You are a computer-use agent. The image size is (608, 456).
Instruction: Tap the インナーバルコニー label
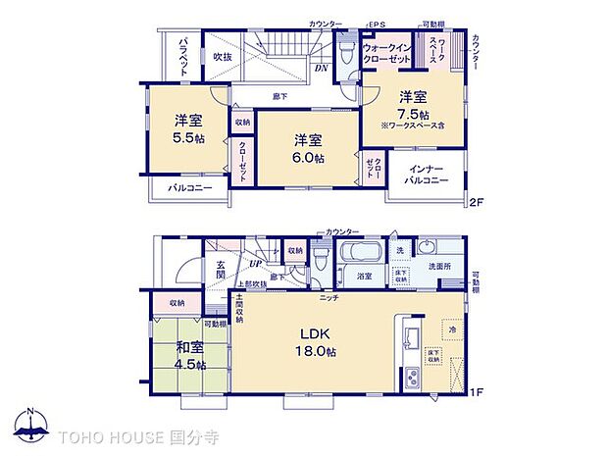point(427,174)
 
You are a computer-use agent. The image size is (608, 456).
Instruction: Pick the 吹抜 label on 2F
point(222,57)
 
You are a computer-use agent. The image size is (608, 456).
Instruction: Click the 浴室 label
point(363,277)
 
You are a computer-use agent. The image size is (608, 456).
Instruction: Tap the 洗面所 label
point(437,265)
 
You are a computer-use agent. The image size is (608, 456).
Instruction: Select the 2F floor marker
point(477,203)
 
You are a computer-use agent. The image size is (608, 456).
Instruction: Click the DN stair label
point(321,68)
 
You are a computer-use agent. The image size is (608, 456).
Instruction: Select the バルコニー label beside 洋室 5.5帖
point(188,186)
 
